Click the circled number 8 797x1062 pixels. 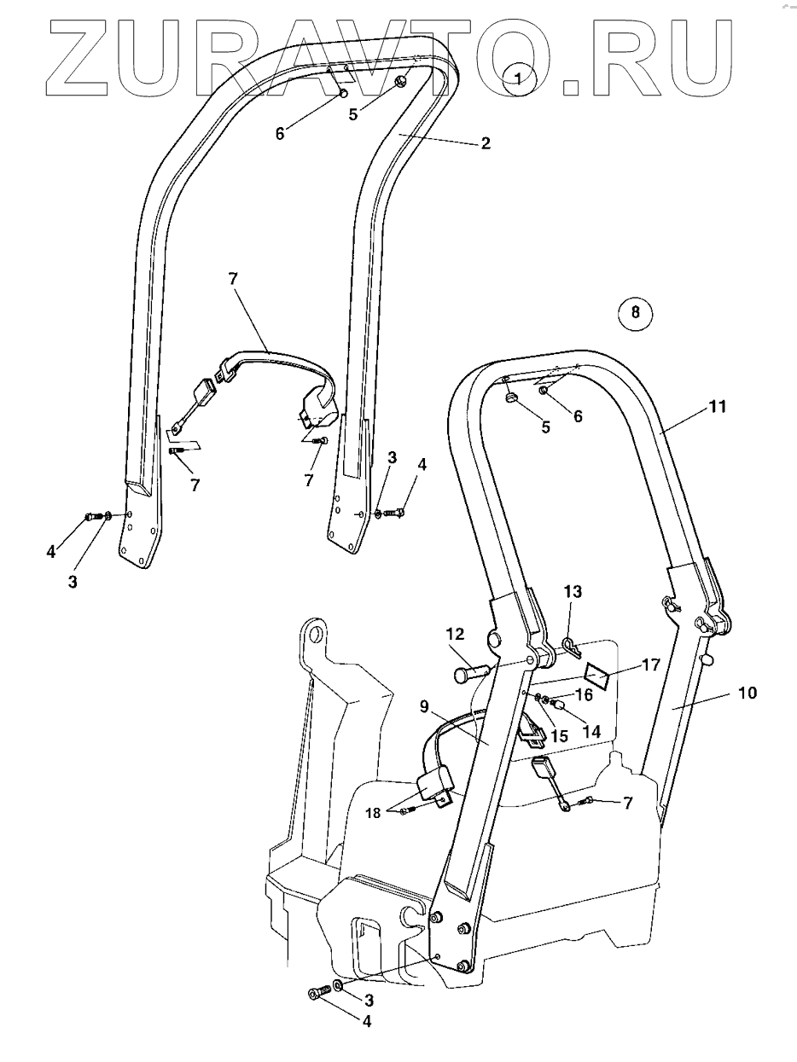[x=634, y=312]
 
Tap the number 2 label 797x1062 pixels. [x=485, y=143]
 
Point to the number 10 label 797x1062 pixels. [x=747, y=693]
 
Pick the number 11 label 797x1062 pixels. [x=718, y=407]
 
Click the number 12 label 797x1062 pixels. [x=455, y=634]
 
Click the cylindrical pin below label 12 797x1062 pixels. [x=470, y=673]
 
